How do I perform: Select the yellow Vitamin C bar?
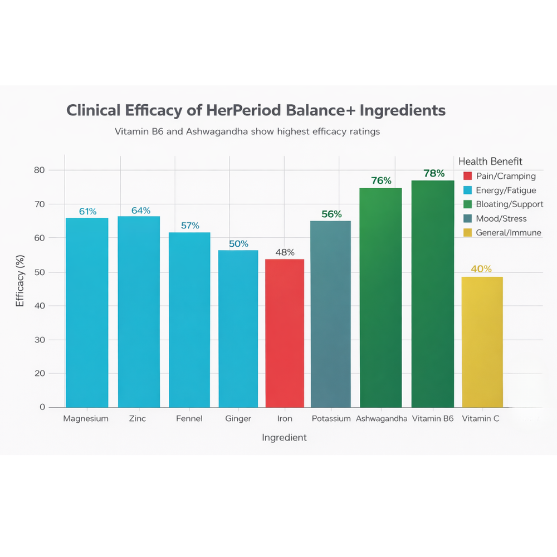click(x=482, y=342)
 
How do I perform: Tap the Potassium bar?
click(x=330, y=314)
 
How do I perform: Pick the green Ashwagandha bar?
click(x=381, y=297)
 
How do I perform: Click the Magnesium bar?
click(x=87, y=312)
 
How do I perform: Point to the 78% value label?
click(x=434, y=174)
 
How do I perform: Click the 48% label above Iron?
click(x=285, y=252)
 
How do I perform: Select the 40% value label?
click(x=481, y=269)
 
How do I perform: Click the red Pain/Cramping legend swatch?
click(x=468, y=176)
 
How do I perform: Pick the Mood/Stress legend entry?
click(x=501, y=219)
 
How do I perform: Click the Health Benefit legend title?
click(x=490, y=162)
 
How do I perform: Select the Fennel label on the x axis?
click(x=189, y=418)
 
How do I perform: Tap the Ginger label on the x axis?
click(x=238, y=418)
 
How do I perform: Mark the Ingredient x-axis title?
click(x=284, y=438)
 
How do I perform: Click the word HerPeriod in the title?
click(x=238, y=110)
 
